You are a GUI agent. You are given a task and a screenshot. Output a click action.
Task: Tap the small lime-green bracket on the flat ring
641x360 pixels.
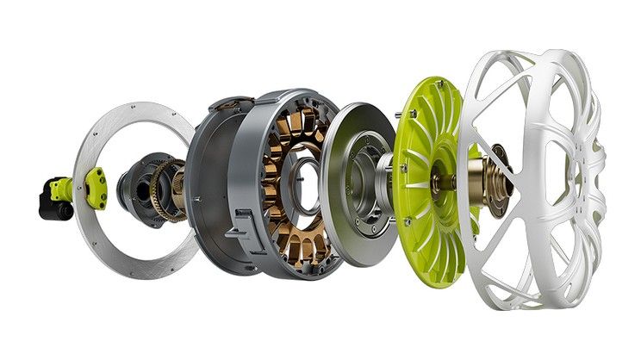coord(95,187)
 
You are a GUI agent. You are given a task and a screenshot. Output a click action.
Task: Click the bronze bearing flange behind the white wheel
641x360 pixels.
coord(498,177)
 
